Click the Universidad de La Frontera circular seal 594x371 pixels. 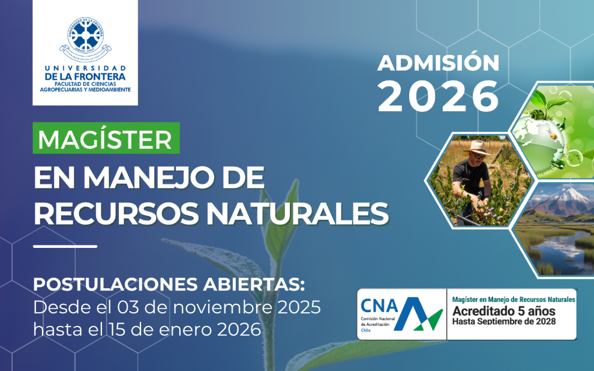coord(86,37)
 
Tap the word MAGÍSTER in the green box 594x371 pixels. coord(105,139)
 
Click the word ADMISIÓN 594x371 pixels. coord(439,62)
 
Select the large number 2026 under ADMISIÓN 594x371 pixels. coord(439,96)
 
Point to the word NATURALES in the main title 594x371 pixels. coord(298,213)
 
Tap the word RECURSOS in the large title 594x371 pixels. coord(116,213)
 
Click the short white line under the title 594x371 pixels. coord(65,246)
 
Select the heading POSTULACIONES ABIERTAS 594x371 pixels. coord(169,284)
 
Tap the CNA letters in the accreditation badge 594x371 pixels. coord(379,306)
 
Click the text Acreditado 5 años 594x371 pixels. coord(504,311)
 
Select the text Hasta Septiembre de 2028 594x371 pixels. coord(504,321)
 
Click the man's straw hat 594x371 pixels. coord(478,148)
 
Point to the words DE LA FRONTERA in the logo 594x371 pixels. coord(85,76)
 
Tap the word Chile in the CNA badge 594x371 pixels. coord(365,330)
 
